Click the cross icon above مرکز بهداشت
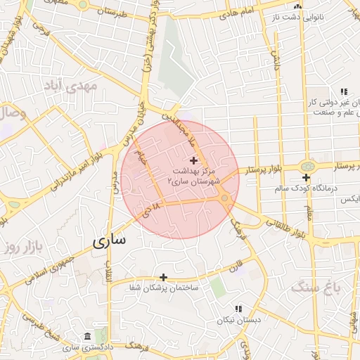[x=194, y=161]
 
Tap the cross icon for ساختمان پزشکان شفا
[x=163, y=277]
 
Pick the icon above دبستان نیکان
[x=238, y=309]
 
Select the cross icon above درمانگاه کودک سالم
[x=306, y=178]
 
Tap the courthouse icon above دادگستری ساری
[x=86, y=336]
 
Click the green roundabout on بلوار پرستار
[x=307, y=166]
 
